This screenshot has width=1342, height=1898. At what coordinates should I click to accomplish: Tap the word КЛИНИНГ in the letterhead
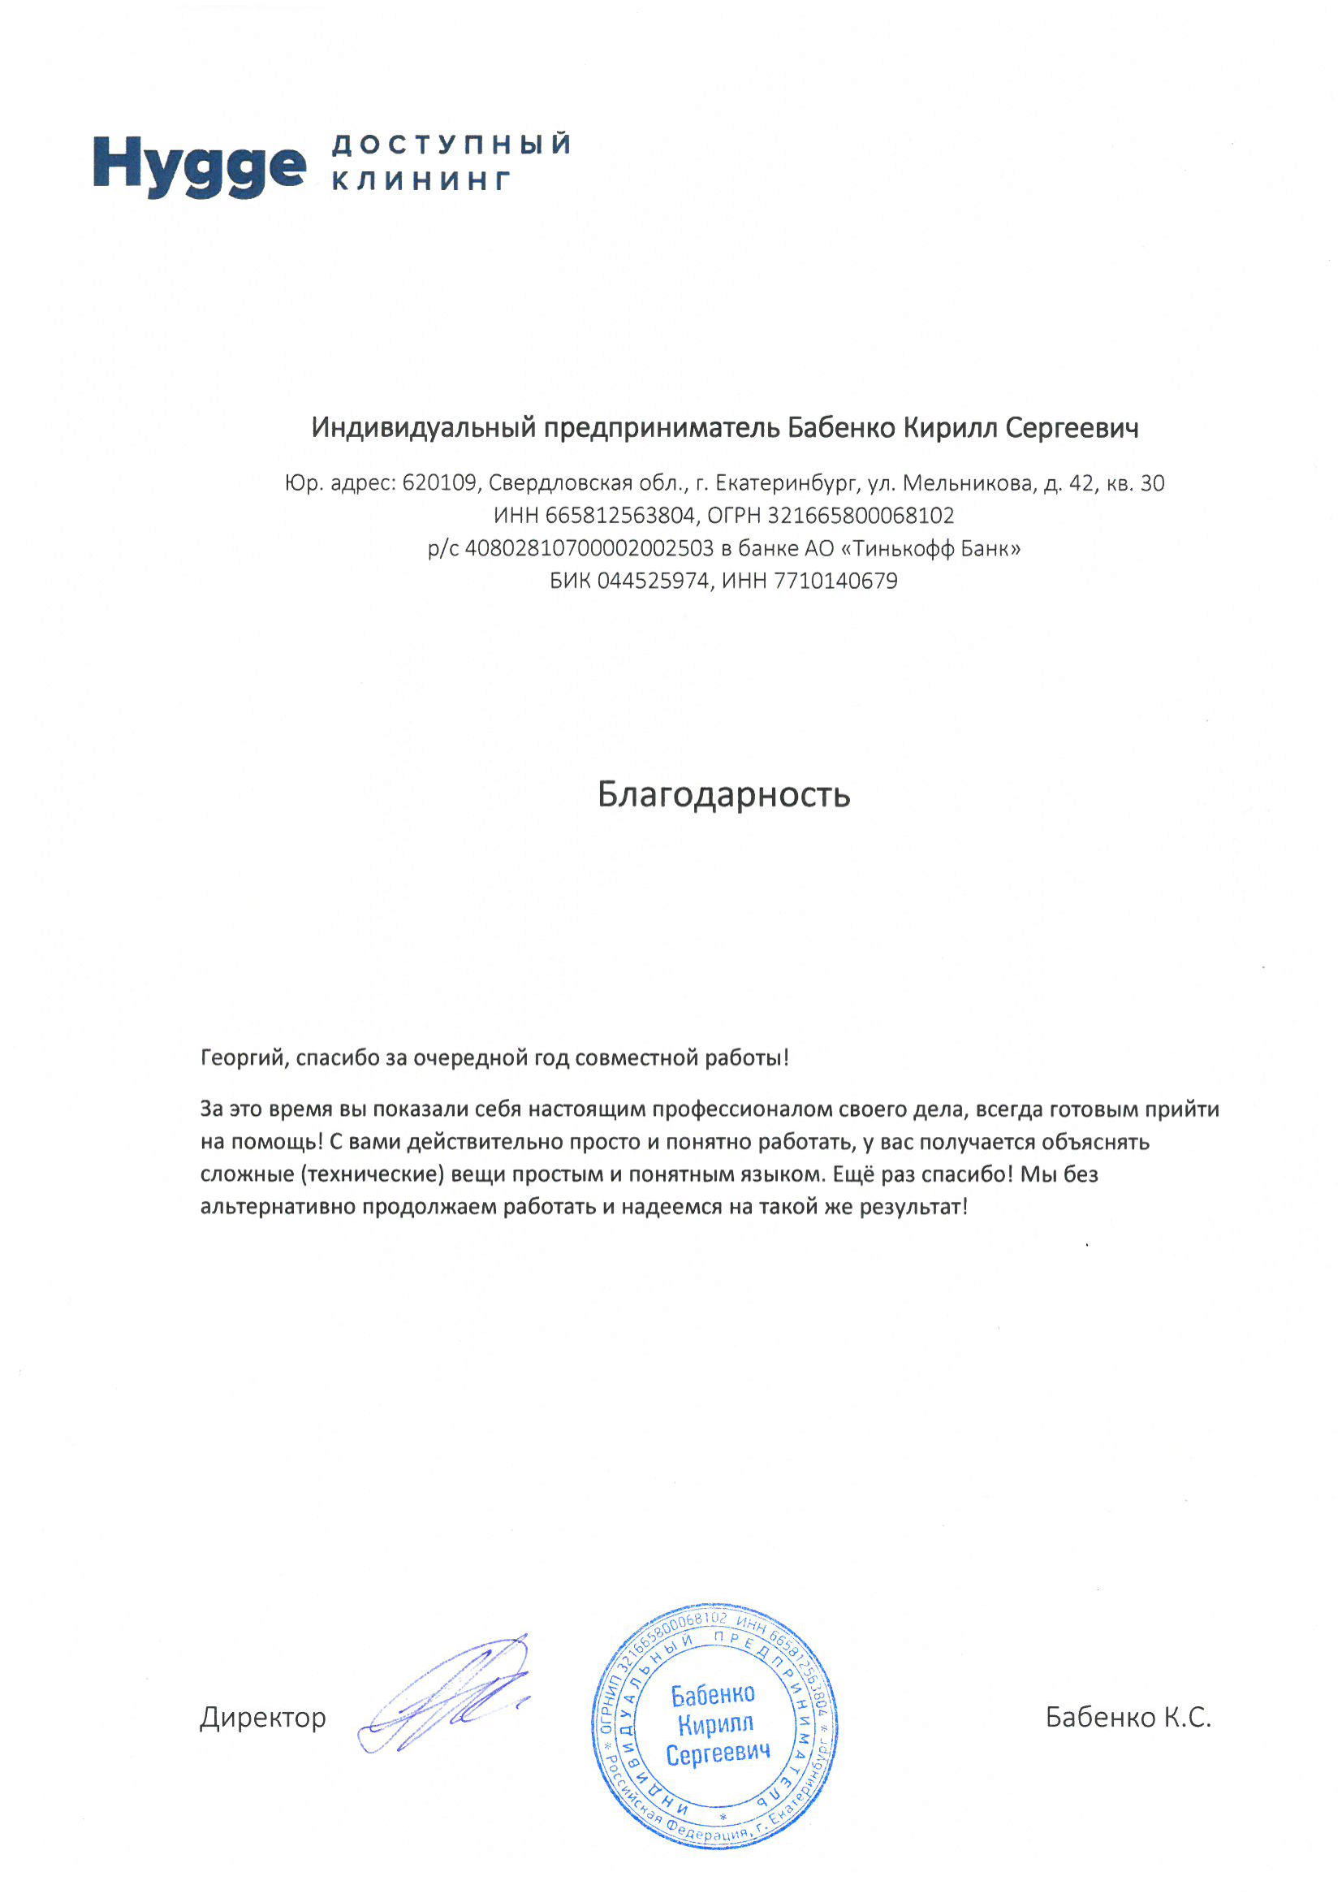pyautogui.click(x=421, y=181)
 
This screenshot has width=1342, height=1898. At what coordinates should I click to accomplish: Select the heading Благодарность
pyautogui.click(x=724, y=795)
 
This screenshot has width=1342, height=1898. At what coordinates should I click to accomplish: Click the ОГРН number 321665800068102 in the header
pyautogui.click(x=861, y=516)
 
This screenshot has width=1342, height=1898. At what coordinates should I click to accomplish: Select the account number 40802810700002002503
pyautogui.click(x=589, y=549)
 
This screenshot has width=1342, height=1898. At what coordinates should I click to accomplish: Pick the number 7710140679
pyautogui.click(x=835, y=582)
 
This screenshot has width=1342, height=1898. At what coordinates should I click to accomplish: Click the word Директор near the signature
pyautogui.click(x=263, y=1718)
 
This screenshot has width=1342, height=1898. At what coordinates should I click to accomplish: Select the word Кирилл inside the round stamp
pyautogui.click(x=715, y=1725)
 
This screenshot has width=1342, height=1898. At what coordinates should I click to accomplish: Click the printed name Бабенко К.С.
pyautogui.click(x=1128, y=1718)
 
